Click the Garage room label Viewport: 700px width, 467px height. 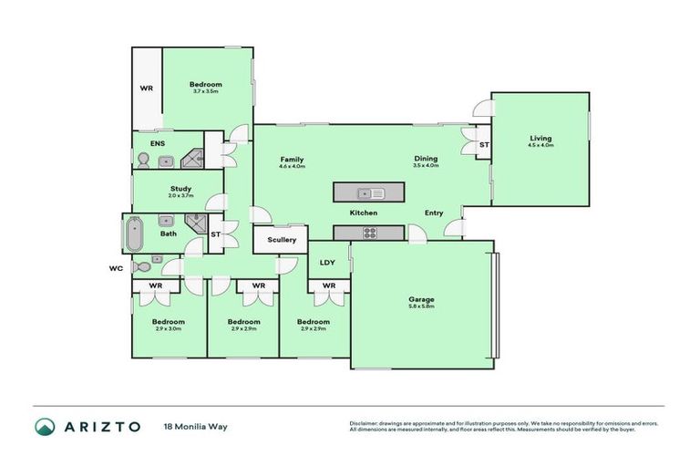click(421, 299)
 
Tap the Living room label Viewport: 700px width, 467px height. click(540, 139)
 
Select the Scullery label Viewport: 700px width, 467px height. click(282, 240)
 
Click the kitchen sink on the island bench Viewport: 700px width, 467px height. click(372, 193)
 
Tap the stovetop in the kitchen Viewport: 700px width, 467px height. click(371, 233)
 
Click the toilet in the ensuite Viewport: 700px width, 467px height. click(142, 161)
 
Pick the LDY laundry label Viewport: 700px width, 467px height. click(328, 263)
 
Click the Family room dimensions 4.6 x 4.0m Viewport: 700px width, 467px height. click(292, 167)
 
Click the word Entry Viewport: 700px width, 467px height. click(434, 213)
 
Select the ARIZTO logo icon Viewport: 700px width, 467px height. click(45, 426)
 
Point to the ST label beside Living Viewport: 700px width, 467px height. click(484, 144)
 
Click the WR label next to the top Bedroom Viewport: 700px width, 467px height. click(146, 88)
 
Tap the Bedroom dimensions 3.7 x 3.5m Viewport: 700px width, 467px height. click(207, 91)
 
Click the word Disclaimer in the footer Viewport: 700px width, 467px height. click(365, 423)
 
